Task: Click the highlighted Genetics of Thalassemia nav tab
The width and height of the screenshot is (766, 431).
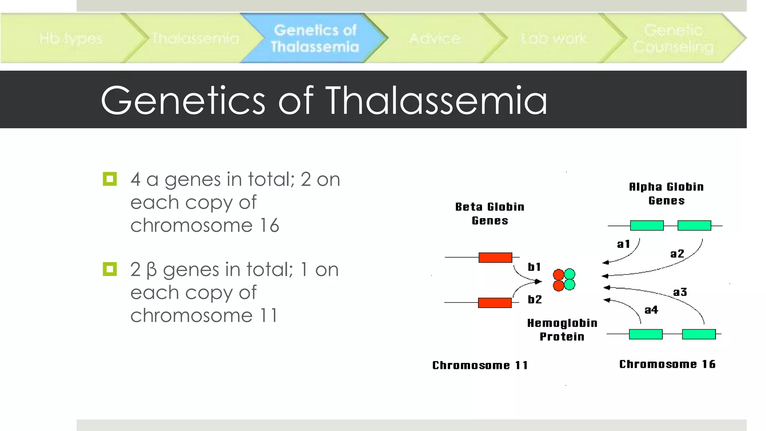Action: [315, 38]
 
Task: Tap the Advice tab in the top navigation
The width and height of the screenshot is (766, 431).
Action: [434, 38]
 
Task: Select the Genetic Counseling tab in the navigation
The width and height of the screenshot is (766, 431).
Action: [673, 38]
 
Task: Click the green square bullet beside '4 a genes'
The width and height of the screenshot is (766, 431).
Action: [110, 179]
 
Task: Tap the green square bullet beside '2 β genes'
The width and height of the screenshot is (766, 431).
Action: [110, 269]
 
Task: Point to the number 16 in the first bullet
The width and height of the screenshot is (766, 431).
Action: [269, 225]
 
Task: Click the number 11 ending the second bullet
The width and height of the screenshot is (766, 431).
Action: [269, 315]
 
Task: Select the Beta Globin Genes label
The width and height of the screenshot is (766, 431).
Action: [490, 214]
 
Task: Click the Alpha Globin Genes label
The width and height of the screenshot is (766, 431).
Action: [666, 193]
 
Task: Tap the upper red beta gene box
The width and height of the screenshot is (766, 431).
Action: [495, 257]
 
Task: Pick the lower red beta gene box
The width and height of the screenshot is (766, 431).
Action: [494, 303]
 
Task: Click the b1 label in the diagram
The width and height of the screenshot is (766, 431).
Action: [534, 267]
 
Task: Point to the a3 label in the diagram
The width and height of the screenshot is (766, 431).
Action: [680, 292]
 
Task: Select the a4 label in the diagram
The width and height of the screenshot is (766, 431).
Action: [651, 310]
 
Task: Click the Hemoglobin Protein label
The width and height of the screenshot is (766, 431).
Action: [562, 330]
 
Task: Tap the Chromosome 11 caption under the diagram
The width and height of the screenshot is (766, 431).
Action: [480, 365]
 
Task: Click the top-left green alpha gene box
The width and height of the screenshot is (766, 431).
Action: [647, 225]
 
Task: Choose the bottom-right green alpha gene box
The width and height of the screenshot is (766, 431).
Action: [698, 334]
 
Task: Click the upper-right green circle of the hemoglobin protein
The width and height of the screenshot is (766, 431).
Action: [570, 274]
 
